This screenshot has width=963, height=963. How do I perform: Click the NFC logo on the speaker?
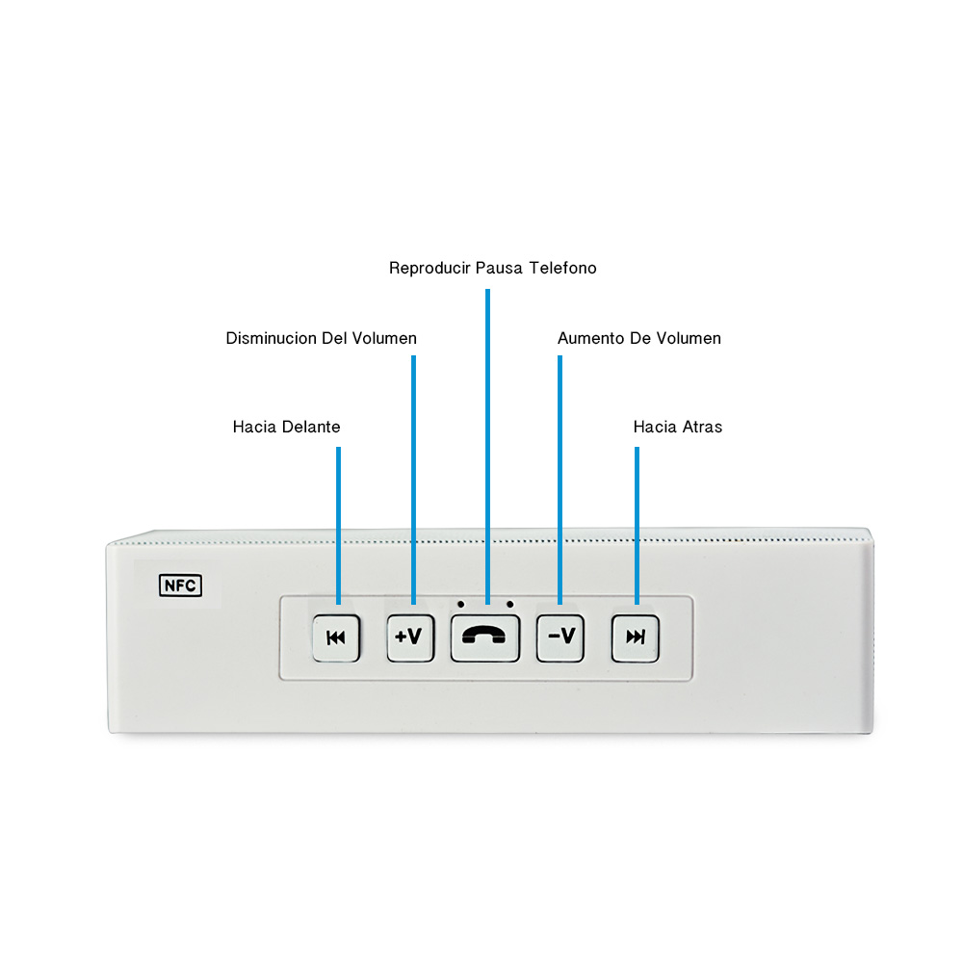tap(180, 586)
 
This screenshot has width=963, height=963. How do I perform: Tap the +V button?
tap(410, 638)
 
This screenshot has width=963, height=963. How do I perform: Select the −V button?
tap(560, 638)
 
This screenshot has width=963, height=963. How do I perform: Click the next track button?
tap(635, 638)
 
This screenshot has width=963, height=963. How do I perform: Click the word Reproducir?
tap(429, 269)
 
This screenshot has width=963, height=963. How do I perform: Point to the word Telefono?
tap(562, 269)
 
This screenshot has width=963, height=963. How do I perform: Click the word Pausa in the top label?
tap(499, 269)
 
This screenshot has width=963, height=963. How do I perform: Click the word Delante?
tap(311, 427)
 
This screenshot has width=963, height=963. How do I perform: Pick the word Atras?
tap(701, 427)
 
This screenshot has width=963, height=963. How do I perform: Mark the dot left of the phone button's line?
tap(460, 605)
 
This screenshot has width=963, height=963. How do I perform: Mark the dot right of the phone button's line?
tap(509, 605)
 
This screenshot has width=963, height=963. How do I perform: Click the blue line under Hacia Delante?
tap(338, 526)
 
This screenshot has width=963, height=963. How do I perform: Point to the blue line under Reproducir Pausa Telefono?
tap(487, 447)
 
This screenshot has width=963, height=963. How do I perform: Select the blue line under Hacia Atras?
tap(637, 526)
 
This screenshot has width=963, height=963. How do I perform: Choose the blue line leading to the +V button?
tap(413, 480)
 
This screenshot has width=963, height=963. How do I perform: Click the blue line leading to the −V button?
tap(560, 480)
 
